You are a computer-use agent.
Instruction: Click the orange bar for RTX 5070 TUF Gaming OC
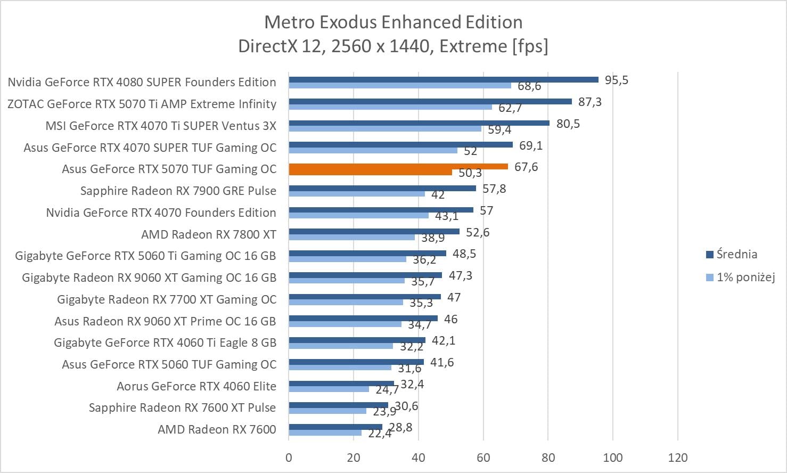coord(398,167)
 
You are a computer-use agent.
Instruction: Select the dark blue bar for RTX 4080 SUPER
coord(443,80)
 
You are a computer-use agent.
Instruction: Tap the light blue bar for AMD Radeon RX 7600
coord(325,433)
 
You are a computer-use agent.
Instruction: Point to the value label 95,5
coord(617,80)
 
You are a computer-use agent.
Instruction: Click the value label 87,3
coord(590,102)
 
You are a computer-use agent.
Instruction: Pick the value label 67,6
coord(526,167)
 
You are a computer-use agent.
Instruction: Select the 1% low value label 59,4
coord(499,129)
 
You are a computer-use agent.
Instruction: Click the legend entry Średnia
coord(736,254)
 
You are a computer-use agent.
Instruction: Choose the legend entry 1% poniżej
coord(745,277)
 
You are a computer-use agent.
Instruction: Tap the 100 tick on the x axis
coord(613,458)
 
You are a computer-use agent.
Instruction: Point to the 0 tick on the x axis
coord(289,458)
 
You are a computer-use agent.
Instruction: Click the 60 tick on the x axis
coord(483,458)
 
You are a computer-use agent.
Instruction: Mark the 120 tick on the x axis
coord(678,458)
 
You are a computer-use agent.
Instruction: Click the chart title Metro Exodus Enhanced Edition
coord(393,22)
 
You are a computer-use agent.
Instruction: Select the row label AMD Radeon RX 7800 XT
coord(209,234)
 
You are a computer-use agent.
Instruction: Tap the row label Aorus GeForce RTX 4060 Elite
coord(196,386)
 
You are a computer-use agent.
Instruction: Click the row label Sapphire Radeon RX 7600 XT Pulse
coord(182,408)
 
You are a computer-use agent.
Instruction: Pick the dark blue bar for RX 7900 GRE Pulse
coord(382,188)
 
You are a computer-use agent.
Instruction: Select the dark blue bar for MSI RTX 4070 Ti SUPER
coord(419,123)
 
